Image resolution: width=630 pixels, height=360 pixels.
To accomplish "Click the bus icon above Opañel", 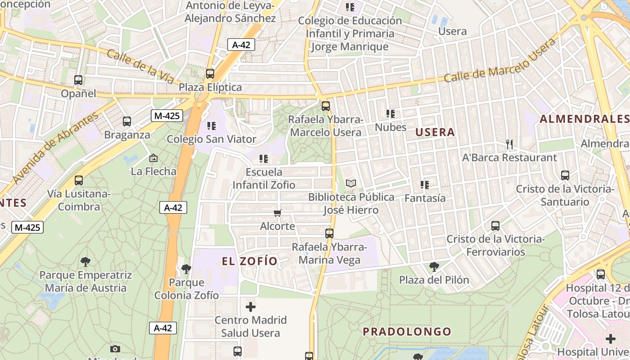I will click(78, 80).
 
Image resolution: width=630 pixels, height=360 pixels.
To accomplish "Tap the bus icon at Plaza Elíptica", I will click(210, 74).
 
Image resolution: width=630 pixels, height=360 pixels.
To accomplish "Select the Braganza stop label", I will click(127, 135).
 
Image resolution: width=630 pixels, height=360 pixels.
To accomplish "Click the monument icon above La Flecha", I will click(153, 158).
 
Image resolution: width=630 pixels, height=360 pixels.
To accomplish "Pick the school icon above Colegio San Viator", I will click(211, 126).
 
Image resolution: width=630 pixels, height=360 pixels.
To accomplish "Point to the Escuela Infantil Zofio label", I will click(264, 178).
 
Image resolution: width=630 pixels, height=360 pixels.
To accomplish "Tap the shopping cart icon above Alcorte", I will click(278, 213).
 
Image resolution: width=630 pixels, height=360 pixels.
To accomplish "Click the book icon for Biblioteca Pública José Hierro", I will click(351, 184).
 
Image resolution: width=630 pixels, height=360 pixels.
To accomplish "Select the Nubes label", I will click(391, 127).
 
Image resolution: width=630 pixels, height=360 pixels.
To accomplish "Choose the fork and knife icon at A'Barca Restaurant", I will click(509, 144).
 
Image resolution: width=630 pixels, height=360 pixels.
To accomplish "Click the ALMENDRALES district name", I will click(584, 119).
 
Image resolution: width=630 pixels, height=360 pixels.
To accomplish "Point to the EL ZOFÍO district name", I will click(249, 261).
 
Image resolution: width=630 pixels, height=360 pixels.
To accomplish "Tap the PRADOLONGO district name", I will click(407, 332).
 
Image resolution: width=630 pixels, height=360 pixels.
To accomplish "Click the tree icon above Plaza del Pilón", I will click(434, 267).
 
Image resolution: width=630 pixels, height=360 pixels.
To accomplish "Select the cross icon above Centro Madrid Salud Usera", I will click(251, 307).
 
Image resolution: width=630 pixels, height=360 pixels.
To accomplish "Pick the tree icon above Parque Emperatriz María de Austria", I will click(85, 261).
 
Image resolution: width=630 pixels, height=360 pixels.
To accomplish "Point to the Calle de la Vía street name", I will click(140, 67).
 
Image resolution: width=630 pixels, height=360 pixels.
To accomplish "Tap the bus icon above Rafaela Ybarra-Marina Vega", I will click(329, 234).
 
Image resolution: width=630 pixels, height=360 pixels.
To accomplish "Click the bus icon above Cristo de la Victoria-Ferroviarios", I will click(495, 226).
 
